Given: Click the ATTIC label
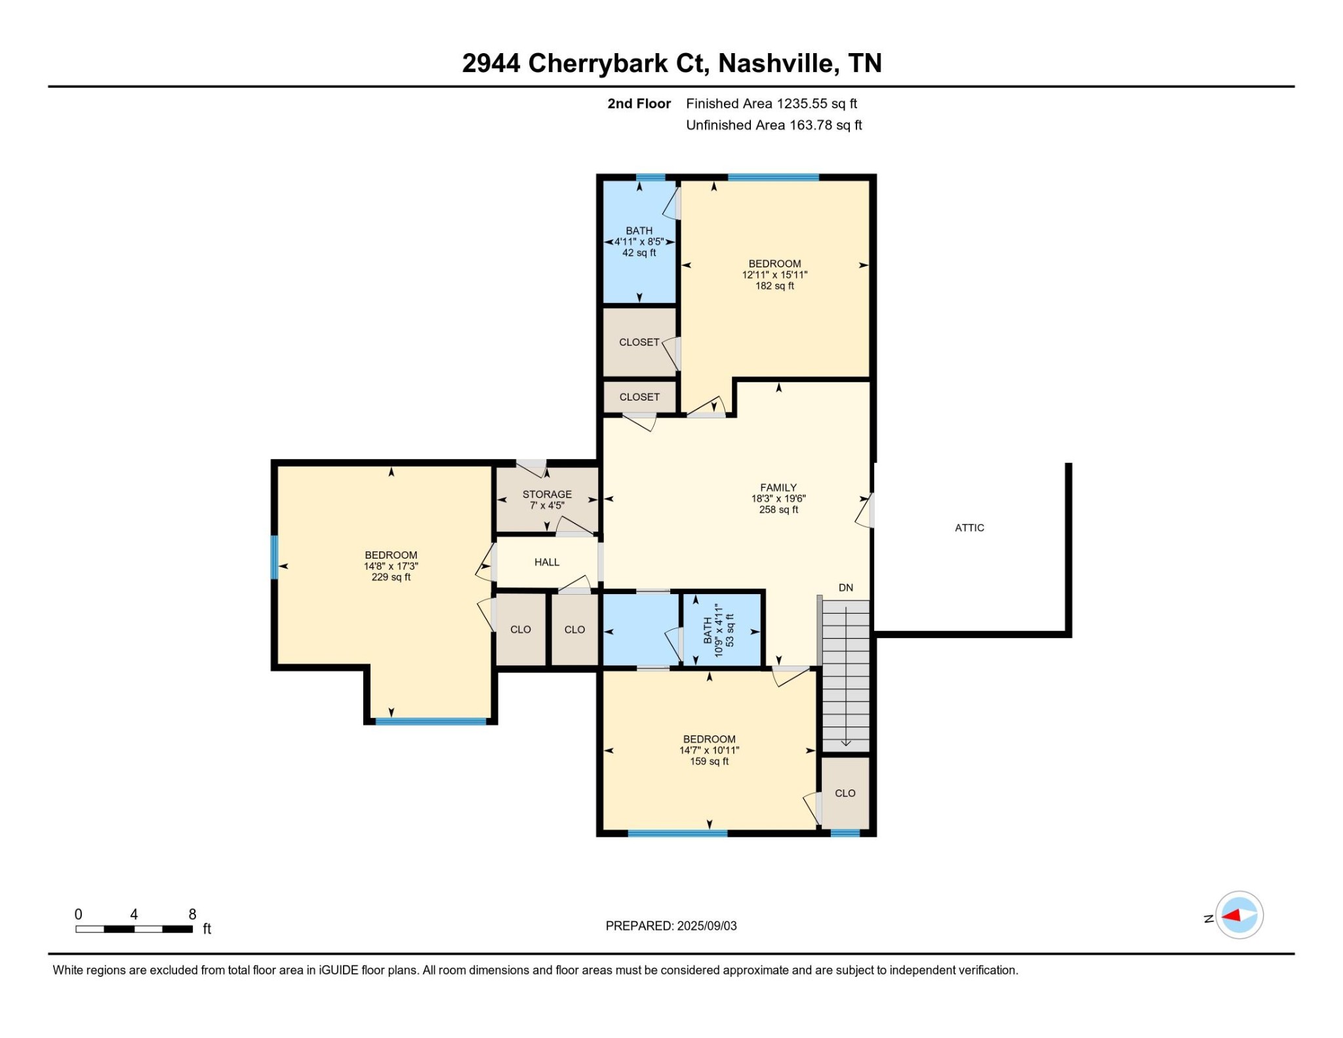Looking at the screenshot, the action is tap(969, 528).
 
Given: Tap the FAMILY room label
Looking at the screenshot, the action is tap(778, 487).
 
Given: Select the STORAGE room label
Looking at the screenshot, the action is tap(547, 494).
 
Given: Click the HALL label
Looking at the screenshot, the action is tap(547, 562).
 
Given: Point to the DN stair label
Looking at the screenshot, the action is tap(846, 588).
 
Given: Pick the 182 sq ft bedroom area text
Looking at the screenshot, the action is tap(774, 286).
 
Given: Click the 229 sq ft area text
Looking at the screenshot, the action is tap(391, 577).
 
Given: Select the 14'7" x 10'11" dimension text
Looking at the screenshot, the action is tap(709, 750).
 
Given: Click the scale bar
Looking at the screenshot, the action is tap(134, 929).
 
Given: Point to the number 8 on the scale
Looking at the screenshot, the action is tap(192, 914).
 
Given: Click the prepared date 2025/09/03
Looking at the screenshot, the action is tap(707, 926).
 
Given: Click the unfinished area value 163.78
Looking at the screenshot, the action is tap(811, 125).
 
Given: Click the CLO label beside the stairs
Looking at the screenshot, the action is tap(845, 793).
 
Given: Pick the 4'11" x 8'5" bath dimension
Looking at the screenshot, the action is tap(639, 242).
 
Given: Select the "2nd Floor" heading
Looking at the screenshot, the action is tap(639, 104).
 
